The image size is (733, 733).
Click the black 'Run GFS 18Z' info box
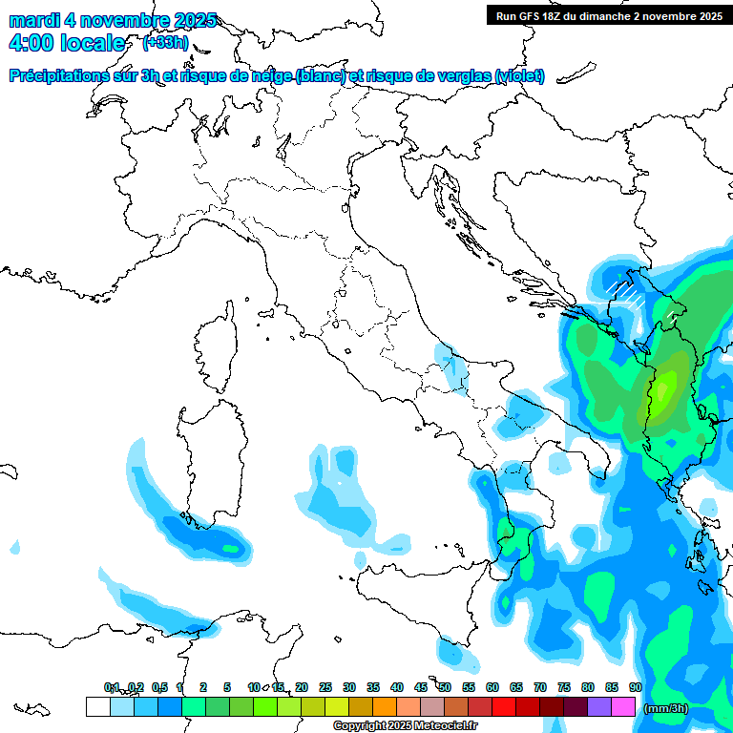607,15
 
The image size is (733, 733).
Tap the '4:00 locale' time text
66,43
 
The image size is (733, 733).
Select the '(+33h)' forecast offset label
165,43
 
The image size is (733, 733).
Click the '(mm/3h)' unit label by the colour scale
665,708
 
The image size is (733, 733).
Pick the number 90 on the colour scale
635,687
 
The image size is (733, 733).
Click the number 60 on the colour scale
492,687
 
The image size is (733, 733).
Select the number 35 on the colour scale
373,687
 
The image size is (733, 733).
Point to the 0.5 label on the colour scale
159,687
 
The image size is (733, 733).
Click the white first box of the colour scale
97,706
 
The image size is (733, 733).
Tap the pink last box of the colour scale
623,706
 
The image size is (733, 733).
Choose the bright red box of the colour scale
504,706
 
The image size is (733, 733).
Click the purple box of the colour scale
599,706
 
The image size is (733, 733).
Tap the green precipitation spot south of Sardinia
229,548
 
